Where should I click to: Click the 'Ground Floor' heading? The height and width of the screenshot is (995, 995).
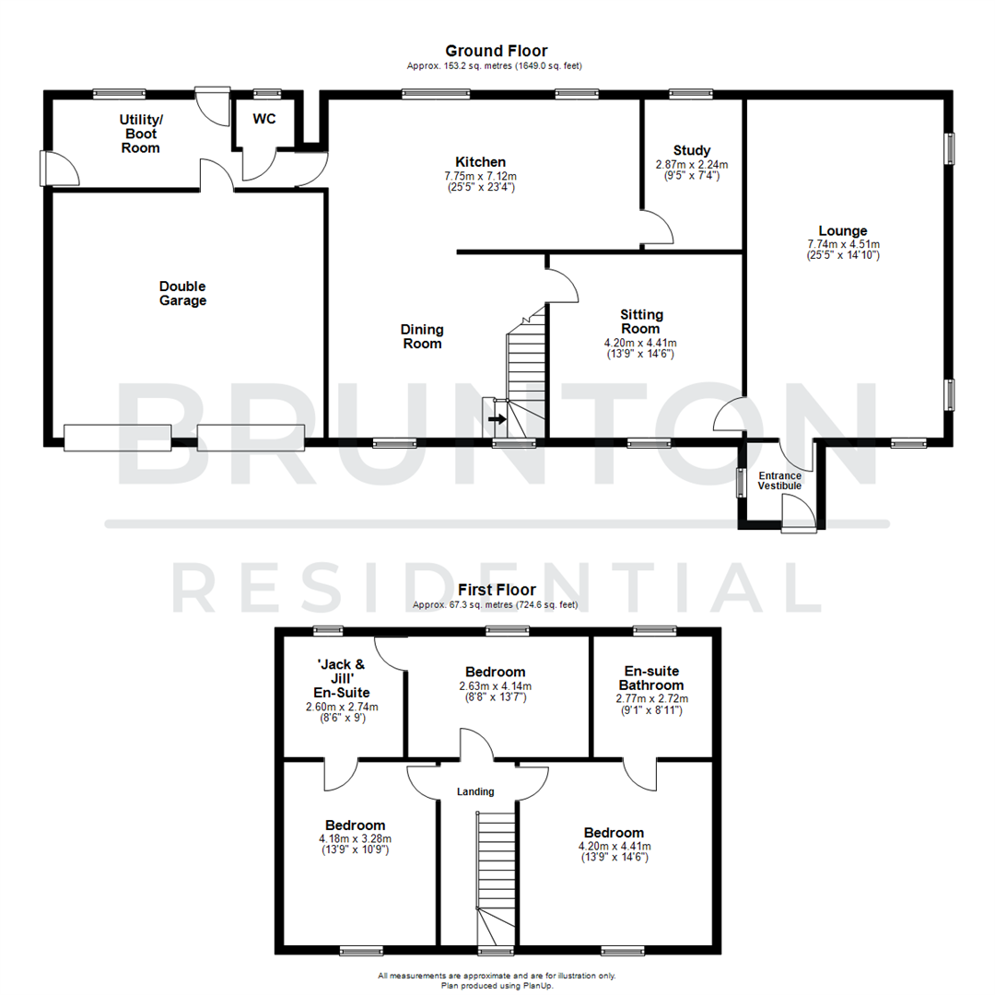[x=496, y=51]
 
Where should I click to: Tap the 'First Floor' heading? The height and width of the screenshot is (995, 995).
[x=496, y=590]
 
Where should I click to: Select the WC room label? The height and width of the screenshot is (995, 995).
[x=264, y=119]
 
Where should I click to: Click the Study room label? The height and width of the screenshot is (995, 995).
[x=691, y=150]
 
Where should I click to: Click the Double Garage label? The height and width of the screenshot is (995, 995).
[x=182, y=293]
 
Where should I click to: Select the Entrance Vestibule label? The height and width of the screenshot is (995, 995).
[x=779, y=480]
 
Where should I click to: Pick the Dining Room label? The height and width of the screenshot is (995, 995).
[x=422, y=336]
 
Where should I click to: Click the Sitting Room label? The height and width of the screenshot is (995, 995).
[x=640, y=322]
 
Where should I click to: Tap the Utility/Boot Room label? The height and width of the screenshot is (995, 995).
[x=141, y=133]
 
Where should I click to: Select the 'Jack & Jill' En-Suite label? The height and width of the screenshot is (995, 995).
[x=342, y=677]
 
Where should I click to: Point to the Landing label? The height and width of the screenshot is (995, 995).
[x=475, y=791]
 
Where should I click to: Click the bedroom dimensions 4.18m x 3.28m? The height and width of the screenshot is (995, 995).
[x=355, y=838]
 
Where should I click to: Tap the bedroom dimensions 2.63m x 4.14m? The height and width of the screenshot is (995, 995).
[x=495, y=685]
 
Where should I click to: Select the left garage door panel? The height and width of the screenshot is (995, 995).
[x=118, y=437]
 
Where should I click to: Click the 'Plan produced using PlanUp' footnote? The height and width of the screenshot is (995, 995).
[x=497, y=984]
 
